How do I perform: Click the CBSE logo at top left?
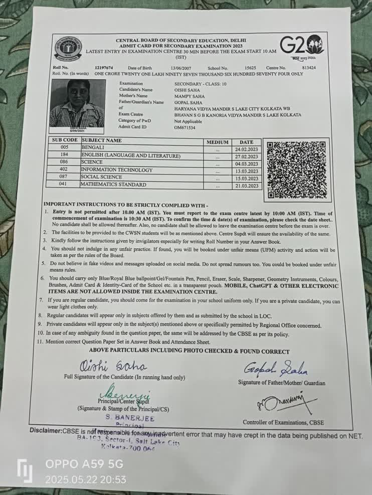click(x=68, y=48)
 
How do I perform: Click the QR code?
click(x=296, y=170)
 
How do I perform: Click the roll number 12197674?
click(x=104, y=68)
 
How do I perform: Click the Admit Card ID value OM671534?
click(x=185, y=127)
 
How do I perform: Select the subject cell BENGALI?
click(x=93, y=148)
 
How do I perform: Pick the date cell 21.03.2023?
click(x=247, y=186)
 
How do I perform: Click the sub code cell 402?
click(x=64, y=170)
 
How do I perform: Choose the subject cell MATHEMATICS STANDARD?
click(x=114, y=185)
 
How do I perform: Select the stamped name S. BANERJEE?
click(x=130, y=418)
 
